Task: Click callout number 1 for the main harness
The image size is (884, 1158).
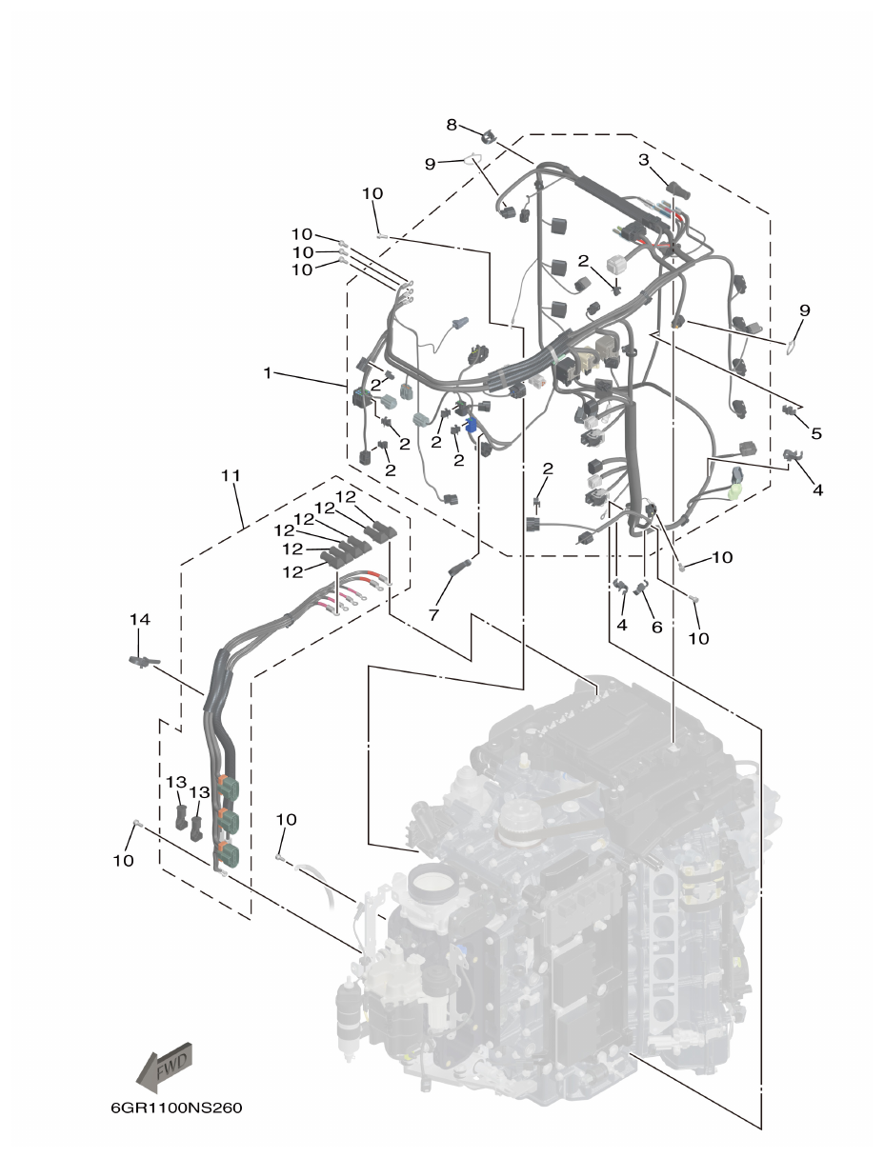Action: [x=269, y=373]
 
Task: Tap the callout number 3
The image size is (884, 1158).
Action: [x=644, y=159]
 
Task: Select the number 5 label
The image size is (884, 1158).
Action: [x=816, y=433]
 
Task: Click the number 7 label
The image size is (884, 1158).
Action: [x=433, y=616]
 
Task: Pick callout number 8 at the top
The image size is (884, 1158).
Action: [x=452, y=124]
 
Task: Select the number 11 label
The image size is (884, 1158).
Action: [x=231, y=474]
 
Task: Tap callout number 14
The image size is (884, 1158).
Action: [x=140, y=619]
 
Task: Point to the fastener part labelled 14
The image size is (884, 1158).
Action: [x=141, y=661]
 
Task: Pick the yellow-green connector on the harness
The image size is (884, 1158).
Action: [x=734, y=491]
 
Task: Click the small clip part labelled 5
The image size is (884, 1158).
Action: [x=789, y=410]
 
